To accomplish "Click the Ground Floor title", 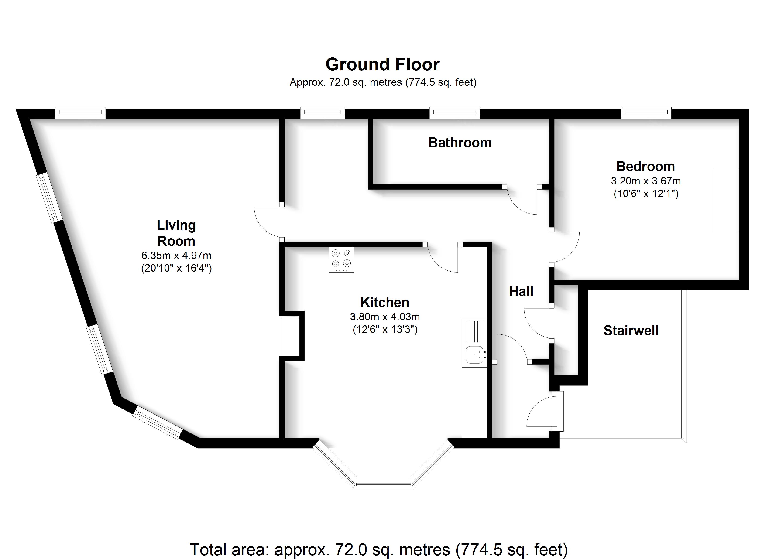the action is pos(382,65).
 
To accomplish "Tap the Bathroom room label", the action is pos(460,143).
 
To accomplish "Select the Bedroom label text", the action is pos(645,167).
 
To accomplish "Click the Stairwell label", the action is pos(631,331).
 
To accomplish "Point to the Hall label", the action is pos(521,292).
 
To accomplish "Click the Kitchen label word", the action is pos(384,302).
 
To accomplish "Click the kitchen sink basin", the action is pos(474,355).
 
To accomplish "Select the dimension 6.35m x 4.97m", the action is pos(176,255).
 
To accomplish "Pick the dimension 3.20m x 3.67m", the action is pos(645,181).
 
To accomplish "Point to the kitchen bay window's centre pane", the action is pos(383,482).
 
